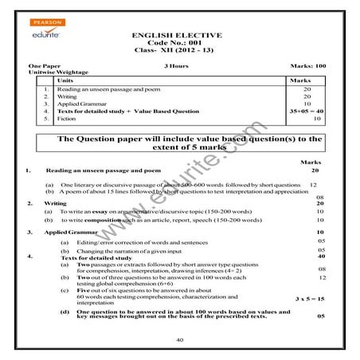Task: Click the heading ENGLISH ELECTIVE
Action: click(179, 37)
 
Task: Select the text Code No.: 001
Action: click(179, 45)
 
